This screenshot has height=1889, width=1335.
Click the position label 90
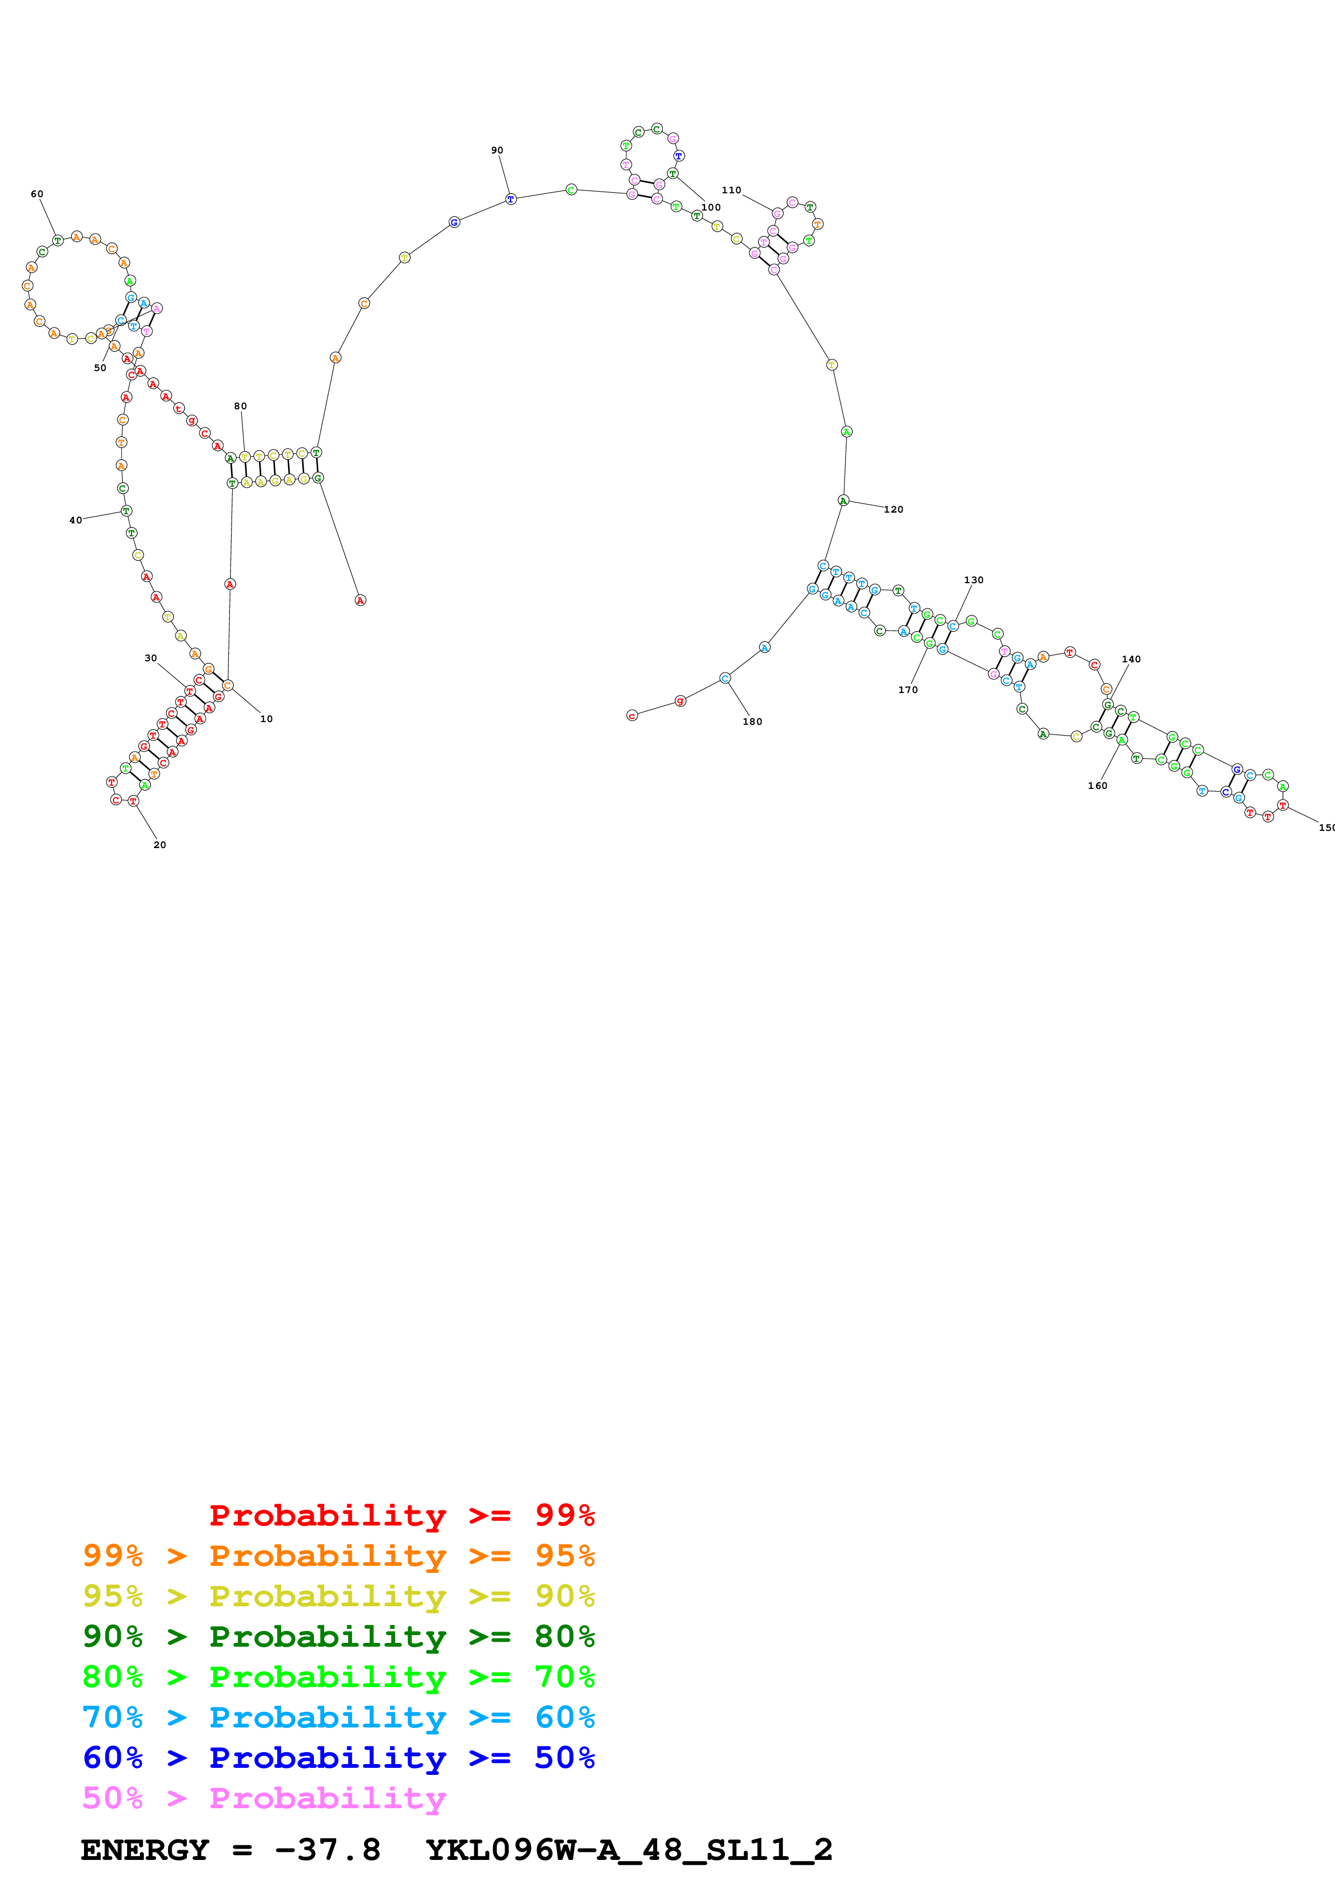(x=497, y=151)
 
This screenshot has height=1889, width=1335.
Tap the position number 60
(x=37, y=194)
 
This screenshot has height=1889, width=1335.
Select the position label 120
(x=893, y=509)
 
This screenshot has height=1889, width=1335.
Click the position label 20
(x=159, y=845)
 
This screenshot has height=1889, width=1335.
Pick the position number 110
(x=731, y=190)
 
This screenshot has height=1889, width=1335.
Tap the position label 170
(x=907, y=689)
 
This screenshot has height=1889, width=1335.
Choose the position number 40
(x=76, y=520)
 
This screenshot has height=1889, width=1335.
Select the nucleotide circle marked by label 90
(x=511, y=199)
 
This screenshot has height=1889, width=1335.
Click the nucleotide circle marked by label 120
(x=843, y=500)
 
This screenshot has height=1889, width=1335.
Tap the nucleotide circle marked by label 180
(x=725, y=678)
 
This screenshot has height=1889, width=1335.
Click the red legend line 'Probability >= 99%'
(x=401, y=1515)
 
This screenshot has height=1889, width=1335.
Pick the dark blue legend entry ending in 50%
(x=338, y=1758)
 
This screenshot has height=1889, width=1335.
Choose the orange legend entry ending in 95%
(x=338, y=1555)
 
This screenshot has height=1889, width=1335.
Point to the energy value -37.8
(x=327, y=1850)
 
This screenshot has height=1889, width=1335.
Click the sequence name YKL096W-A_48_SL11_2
(x=629, y=1850)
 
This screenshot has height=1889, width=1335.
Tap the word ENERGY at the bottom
(x=145, y=1850)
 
